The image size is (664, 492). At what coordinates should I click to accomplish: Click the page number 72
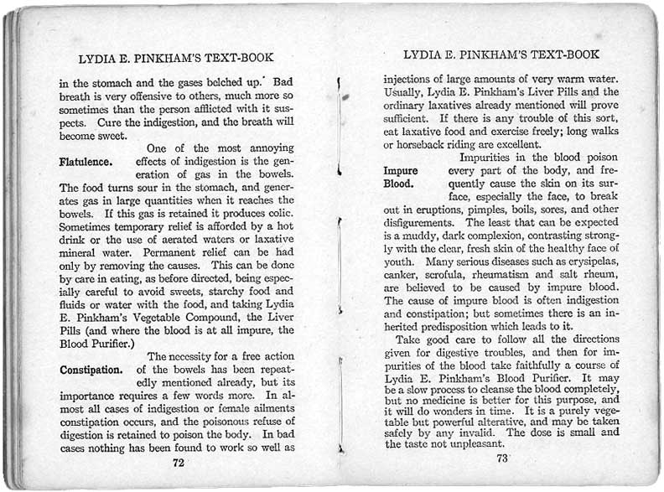[178, 462]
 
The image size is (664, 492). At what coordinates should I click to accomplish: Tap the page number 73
[503, 458]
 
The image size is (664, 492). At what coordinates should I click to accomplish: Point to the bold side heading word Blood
[398, 183]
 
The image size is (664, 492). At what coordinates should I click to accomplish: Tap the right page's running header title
[501, 54]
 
